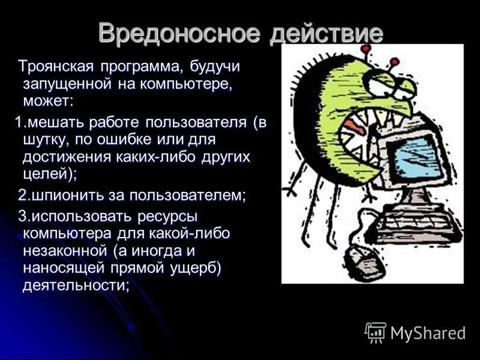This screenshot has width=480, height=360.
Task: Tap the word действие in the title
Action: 326,32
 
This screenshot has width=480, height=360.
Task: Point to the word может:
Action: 47,99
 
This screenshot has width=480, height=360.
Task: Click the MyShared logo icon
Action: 376,332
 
